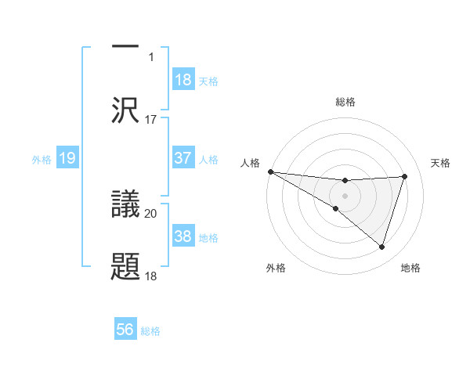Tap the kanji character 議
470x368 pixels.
click(125, 202)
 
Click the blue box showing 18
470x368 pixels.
click(183, 80)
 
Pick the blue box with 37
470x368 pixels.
click(183, 158)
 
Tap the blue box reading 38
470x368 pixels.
click(183, 236)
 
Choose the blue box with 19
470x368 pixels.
click(67, 159)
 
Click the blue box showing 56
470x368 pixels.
click(125, 330)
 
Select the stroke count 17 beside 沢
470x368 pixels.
click(150, 119)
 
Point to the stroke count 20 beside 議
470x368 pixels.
click(150, 213)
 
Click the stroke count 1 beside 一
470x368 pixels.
click(151, 56)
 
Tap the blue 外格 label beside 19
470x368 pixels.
click(42, 160)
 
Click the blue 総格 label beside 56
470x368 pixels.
click(150, 331)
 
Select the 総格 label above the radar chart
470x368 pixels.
click(345, 102)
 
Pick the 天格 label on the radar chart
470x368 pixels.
click(441, 163)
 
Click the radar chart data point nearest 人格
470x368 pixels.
click(270, 171)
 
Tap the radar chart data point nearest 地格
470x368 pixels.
click(382, 247)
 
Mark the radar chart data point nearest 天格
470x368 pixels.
click(405, 176)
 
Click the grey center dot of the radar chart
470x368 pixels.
click(345, 195)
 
